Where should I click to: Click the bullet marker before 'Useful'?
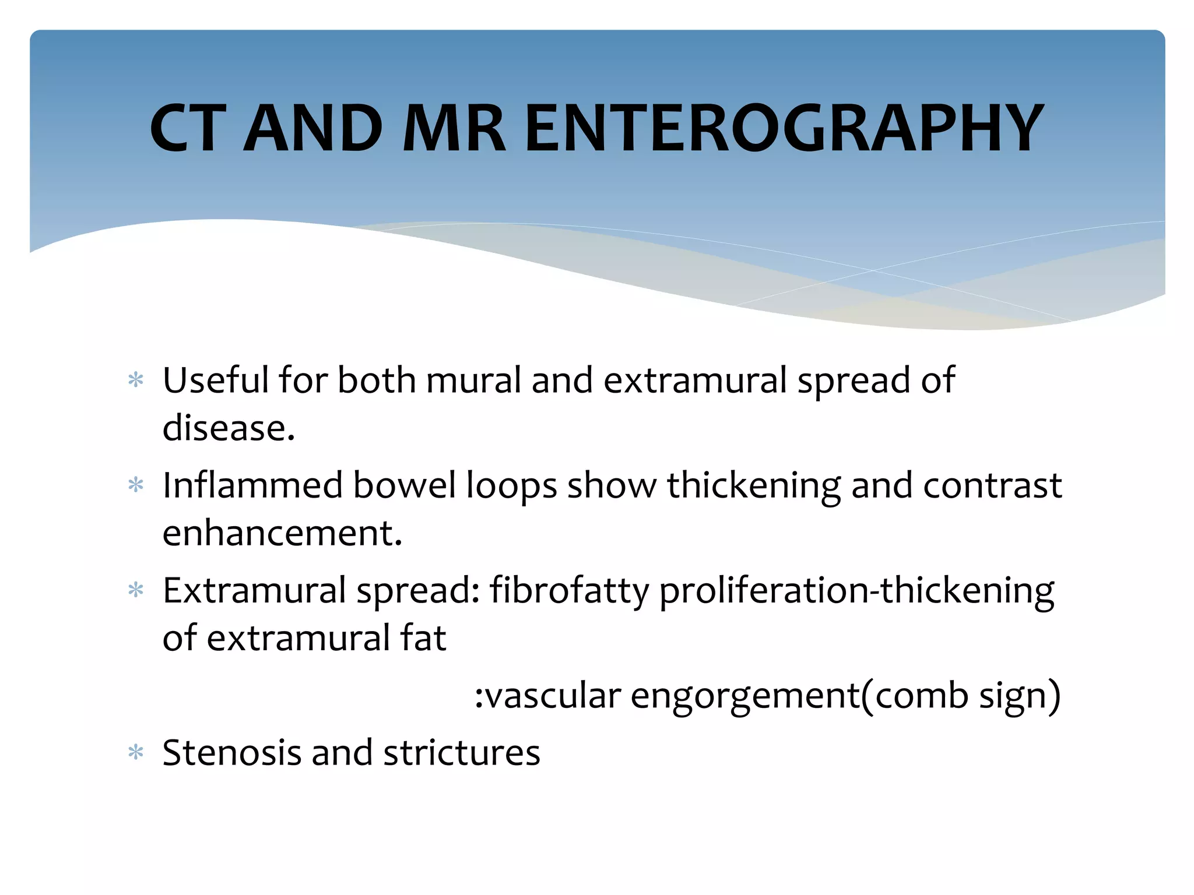136,381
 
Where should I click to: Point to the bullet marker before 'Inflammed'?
136,485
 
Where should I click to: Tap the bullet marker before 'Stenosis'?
136,753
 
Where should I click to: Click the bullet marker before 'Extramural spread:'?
136,591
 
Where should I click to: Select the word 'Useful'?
215,380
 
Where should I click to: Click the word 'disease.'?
229,428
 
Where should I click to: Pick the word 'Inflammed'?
252,485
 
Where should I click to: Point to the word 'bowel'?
404,485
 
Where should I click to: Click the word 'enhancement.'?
282,533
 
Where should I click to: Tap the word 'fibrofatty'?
569,591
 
